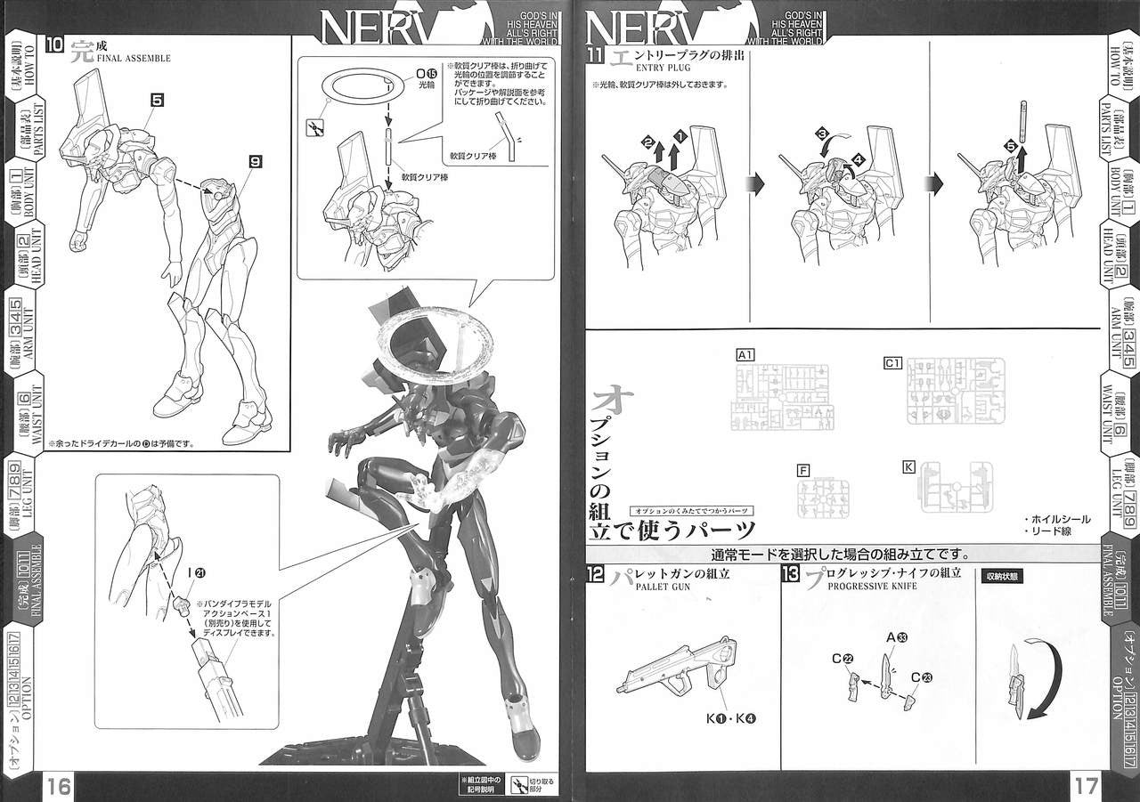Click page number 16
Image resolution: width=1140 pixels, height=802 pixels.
coord(60,787)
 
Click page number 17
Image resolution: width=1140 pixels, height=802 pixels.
coord(1086,787)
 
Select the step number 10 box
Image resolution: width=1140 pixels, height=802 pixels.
coord(54,47)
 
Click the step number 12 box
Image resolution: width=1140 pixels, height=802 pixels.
coord(596,574)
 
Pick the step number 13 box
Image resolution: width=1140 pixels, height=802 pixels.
coord(790,574)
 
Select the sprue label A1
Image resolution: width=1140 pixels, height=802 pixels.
coord(745,355)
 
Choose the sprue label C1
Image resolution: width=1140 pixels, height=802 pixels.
coord(892,363)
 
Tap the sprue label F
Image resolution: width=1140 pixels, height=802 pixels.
coord(803,469)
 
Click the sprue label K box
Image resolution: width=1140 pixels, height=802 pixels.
coord(908,466)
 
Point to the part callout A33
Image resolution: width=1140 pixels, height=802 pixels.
coord(896,637)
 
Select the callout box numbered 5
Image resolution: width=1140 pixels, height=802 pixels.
coord(157,101)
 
